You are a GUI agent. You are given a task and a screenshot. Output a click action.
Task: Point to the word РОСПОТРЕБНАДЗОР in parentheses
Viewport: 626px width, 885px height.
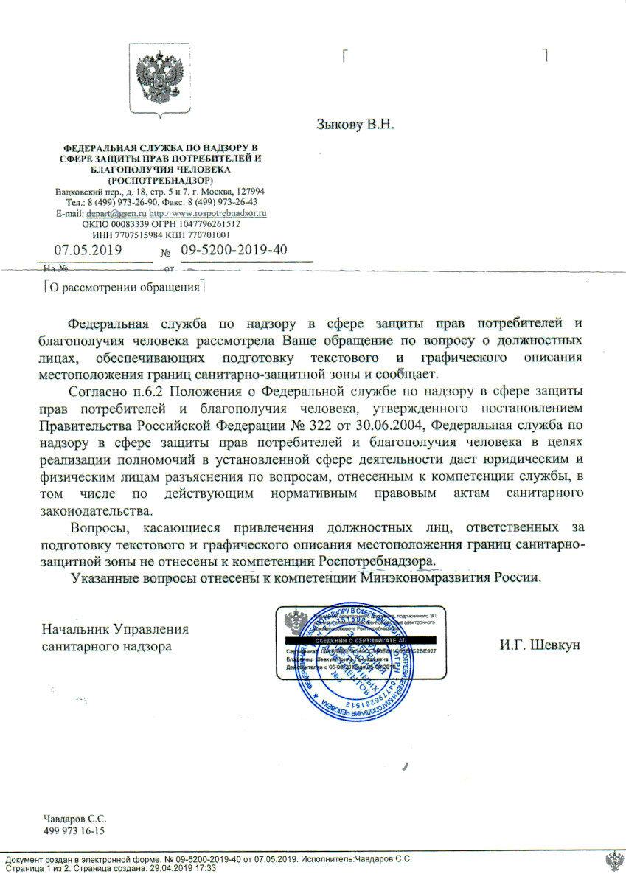pyautogui.click(x=161, y=181)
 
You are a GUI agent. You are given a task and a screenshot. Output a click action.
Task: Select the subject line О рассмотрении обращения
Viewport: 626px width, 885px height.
pyautogui.click(x=124, y=287)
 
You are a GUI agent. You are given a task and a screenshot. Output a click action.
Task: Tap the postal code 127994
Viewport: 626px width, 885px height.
pyautogui.click(x=248, y=192)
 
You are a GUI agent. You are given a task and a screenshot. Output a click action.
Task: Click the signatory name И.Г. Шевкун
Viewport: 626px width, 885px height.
pyautogui.click(x=540, y=645)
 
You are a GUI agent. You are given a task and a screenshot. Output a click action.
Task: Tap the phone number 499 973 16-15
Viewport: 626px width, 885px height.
pyautogui.click(x=74, y=831)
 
